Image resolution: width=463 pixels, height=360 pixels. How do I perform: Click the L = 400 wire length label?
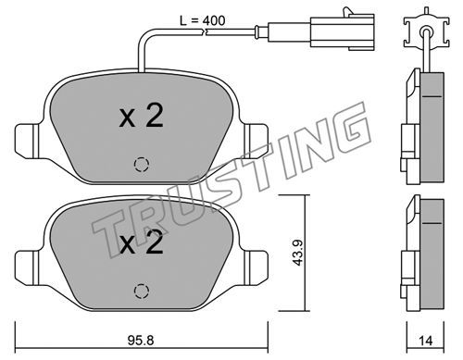[x=203, y=20]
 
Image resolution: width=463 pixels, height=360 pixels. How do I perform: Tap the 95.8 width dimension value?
[x=141, y=341]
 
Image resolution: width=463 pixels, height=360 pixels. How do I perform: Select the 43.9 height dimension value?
[x=298, y=253]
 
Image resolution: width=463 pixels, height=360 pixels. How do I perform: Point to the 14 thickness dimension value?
[x=426, y=341]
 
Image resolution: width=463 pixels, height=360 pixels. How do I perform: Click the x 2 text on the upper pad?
[x=141, y=116]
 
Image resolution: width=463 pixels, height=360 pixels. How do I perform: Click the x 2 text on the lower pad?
[x=141, y=242]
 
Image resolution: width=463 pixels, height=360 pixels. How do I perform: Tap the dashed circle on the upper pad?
[x=142, y=165]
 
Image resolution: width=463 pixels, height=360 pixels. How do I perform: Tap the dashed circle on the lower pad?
[x=142, y=291]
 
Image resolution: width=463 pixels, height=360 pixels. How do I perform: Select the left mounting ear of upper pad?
[x=27, y=142]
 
